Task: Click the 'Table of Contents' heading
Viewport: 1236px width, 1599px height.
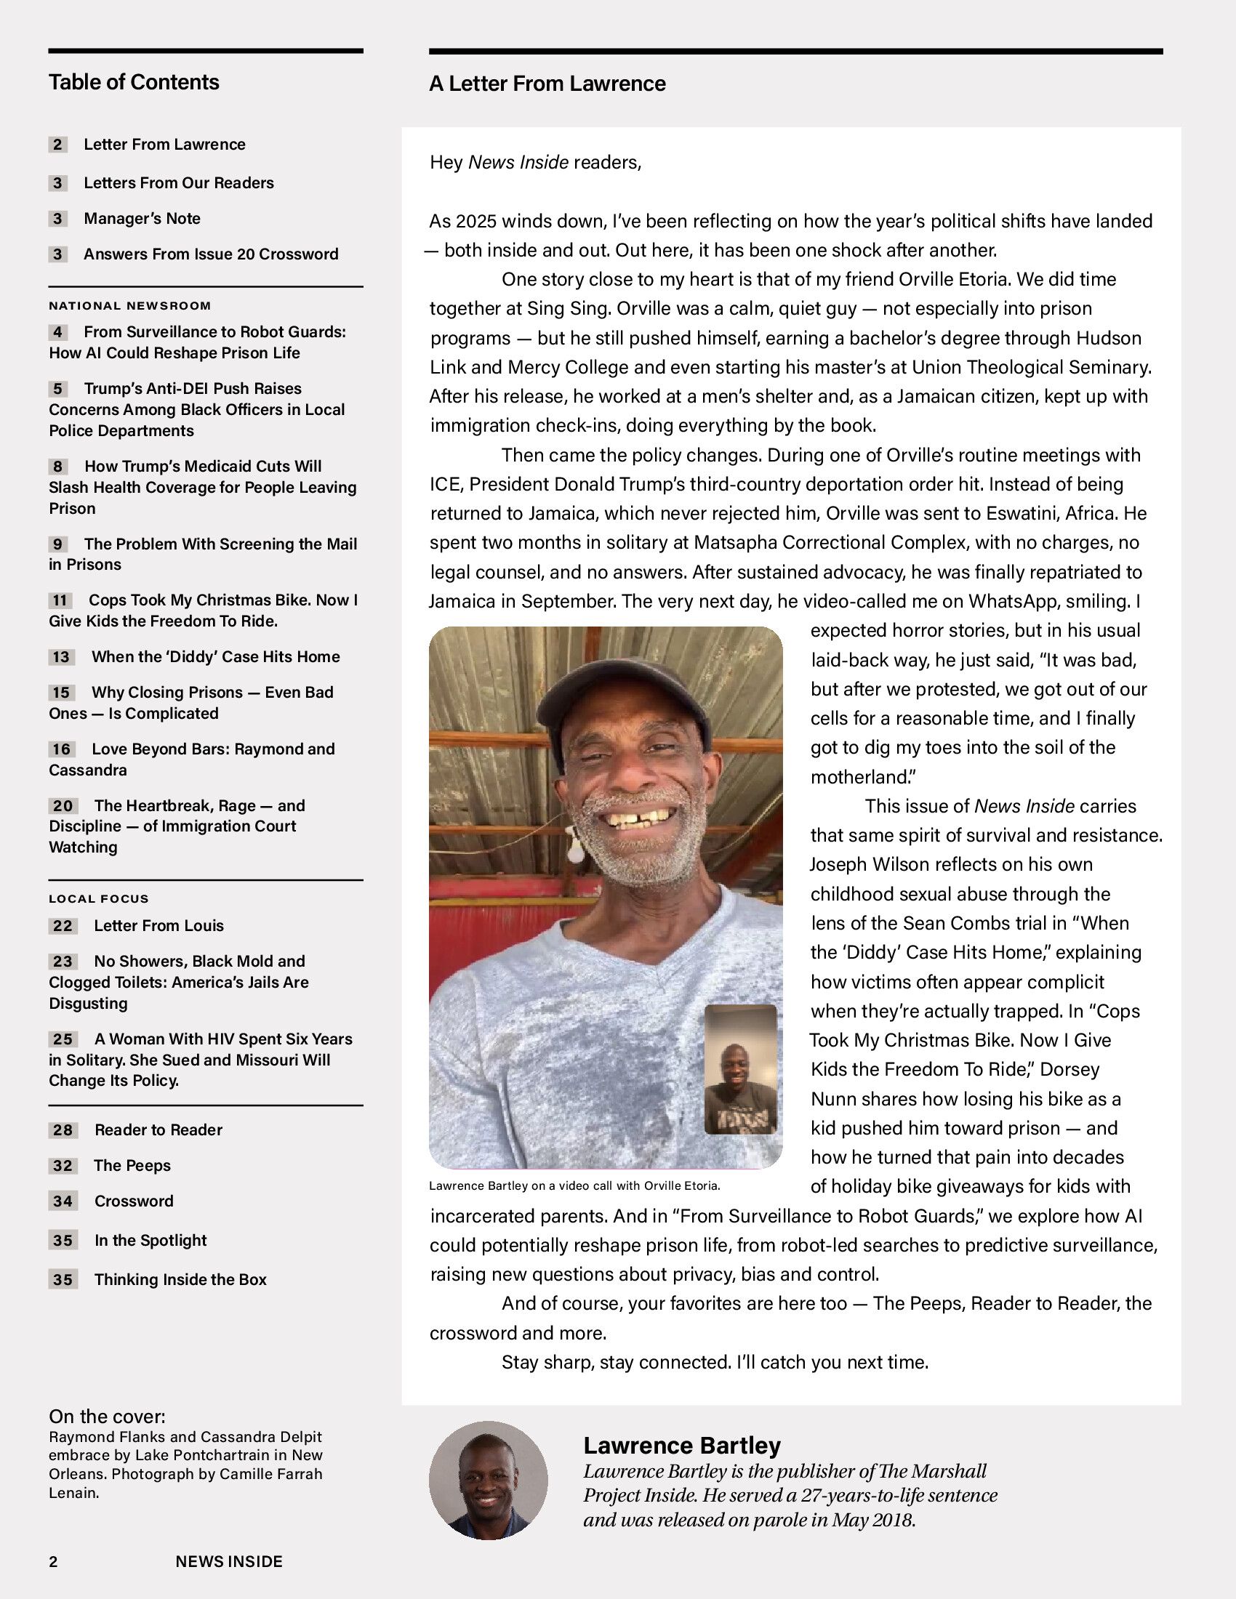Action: click(134, 82)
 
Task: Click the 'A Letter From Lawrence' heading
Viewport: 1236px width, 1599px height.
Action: click(547, 84)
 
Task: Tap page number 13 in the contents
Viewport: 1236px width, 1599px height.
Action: click(61, 657)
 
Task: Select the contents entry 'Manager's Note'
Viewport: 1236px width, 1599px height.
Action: click(142, 218)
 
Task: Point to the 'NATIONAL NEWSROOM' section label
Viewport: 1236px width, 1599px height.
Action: click(129, 306)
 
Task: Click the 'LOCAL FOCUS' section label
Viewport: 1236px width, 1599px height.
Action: click(99, 898)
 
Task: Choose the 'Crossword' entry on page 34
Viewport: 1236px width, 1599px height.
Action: click(133, 1201)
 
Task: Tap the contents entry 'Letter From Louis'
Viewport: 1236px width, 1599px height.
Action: click(158, 925)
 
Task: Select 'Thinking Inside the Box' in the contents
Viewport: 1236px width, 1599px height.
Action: click(180, 1279)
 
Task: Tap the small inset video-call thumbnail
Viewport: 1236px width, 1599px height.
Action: click(740, 1069)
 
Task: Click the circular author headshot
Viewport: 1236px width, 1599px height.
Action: click(488, 1481)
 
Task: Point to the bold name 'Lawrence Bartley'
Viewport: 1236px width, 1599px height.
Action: click(682, 1445)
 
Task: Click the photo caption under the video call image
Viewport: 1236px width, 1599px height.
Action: click(575, 1185)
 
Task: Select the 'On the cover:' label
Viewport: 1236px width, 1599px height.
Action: click(107, 1416)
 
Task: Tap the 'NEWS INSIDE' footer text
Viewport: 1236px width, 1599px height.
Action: click(228, 1562)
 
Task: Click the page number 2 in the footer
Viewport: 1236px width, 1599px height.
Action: click(54, 1562)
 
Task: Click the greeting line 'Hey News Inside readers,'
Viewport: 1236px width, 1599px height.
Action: click(535, 163)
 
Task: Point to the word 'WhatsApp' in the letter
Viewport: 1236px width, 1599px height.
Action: click(1014, 601)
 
